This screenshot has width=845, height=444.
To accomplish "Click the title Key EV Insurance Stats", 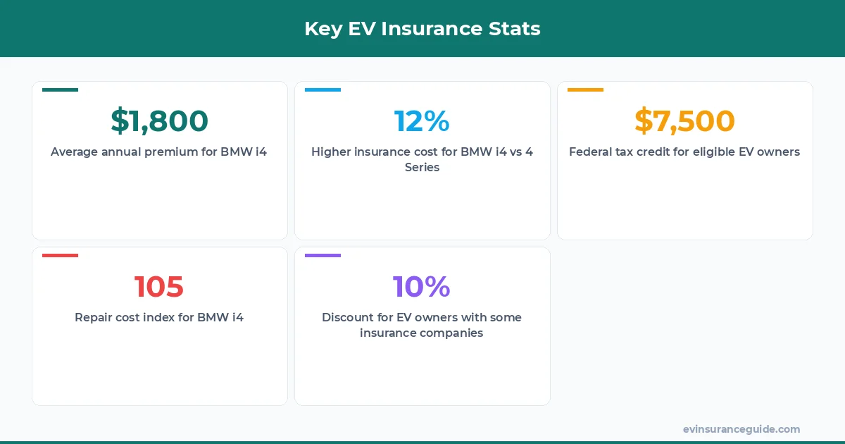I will [x=423, y=29].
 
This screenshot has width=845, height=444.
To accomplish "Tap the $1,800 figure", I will [x=160, y=121].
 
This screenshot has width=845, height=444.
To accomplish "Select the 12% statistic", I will [x=422, y=121].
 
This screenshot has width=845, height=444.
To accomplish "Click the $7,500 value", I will [x=684, y=121].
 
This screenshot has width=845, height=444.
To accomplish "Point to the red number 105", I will [x=159, y=286].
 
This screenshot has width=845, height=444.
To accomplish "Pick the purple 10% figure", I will [x=422, y=286].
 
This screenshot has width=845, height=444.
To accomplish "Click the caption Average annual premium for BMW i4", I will [x=159, y=152].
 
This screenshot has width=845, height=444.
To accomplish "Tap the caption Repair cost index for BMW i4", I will [x=159, y=317].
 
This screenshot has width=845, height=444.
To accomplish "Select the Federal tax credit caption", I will [x=684, y=152].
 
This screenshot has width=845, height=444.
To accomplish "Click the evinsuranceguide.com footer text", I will [x=741, y=429].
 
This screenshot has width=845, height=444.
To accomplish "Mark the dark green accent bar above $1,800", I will [x=61, y=90].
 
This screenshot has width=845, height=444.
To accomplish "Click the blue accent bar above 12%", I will [x=323, y=90].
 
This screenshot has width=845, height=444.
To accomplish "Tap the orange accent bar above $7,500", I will [x=586, y=90].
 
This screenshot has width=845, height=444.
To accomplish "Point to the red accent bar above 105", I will [x=61, y=256].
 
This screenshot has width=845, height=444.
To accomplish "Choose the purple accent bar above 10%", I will [x=323, y=256].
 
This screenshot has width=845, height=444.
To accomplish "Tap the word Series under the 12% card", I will [x=422, y=168].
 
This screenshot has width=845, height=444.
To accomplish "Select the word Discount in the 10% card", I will [x=346, y=317].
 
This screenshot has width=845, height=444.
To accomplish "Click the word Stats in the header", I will [x=515, y=29].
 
